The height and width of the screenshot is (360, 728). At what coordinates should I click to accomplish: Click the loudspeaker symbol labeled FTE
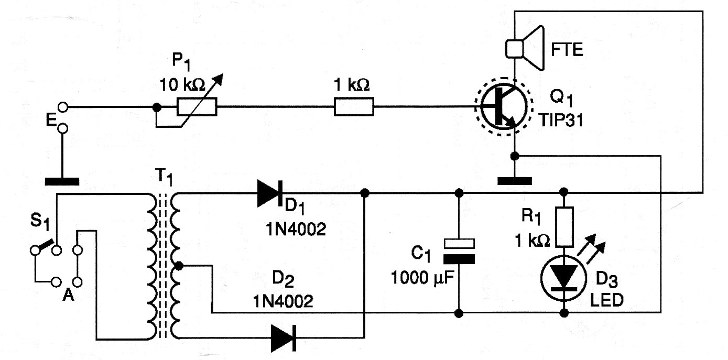point(524,48)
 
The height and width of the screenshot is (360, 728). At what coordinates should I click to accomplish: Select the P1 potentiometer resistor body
point(197,108)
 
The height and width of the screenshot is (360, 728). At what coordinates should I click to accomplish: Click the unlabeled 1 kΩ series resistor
point(354,108)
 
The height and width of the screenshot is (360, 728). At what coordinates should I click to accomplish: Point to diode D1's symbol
point(270,193)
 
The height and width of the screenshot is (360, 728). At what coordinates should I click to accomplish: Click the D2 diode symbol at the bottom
point(284,338)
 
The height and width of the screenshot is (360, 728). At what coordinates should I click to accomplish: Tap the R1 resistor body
point(564,227)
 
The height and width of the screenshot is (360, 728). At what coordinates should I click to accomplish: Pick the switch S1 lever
point(46,245)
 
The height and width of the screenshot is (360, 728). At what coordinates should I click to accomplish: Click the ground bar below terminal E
point(62,182)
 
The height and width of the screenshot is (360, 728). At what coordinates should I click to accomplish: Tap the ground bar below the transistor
point(514,181)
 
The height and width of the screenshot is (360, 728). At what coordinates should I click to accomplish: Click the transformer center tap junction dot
point(178,266)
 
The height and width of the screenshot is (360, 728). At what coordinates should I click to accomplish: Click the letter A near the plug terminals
point(67,296)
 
